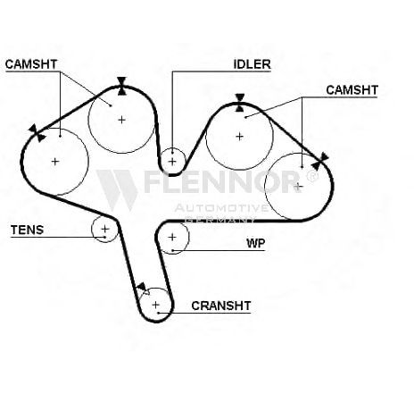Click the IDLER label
pyautogui.click(x=252, y=64)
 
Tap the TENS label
pyautogui.click(x=27, y=230)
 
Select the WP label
pyautogui.click(x=255, y=243)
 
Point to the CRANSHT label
pyautogui.click(x=221, y=306)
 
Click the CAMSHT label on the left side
pyautogui.click(x=31, y=64)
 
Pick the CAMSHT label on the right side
pyautogui.click(x=352, y=90)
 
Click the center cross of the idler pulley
pyautogui.click(x=172, y=162)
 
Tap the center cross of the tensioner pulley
pyautogui.click(x=105, y=229)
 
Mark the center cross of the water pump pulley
pyautogui.click(x=172, y=237)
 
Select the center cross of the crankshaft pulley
pyautogui.click(x=155, y=305)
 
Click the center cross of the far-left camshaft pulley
pyautogui.click(x=55, y=162)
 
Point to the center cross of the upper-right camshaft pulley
pyautogui.click(x=239, y=137)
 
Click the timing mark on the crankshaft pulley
pyautogui.click(x=142, y=289)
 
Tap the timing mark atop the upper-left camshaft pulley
pyautogui.click(x=121, y=86)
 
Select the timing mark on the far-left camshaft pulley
pyautogui.click(x=37, y=133)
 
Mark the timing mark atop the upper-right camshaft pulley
pyautogui.click(x=240, y=103)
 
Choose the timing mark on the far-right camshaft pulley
pyautogui.click(x=320, y=161)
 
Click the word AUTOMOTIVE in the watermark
pyautogui.click(x=221, y=208)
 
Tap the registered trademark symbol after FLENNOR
pyautogui.click(x=311, y=176)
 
